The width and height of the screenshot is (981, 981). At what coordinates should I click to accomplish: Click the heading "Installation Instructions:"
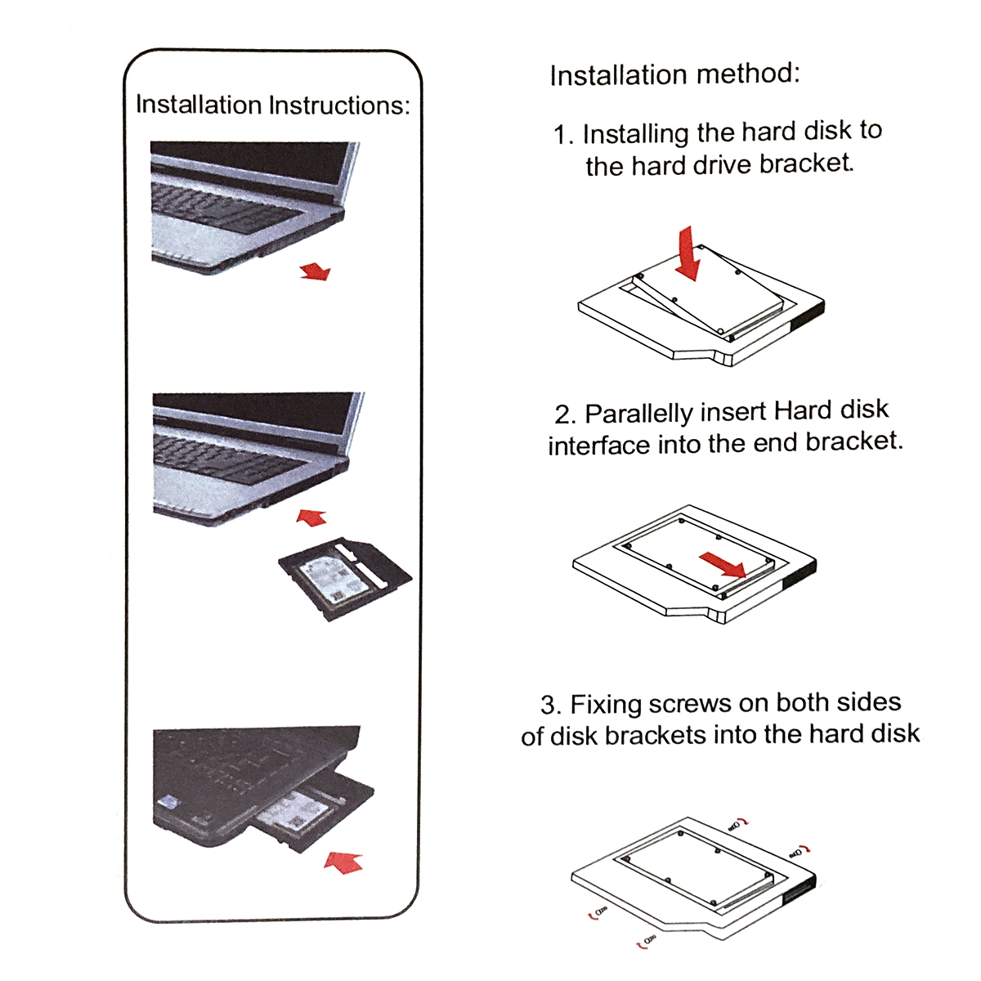tap(272, 105)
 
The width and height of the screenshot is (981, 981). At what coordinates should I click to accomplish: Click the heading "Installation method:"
tap(674, 74)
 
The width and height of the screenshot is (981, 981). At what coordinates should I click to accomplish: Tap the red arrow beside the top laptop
tap(315, 271)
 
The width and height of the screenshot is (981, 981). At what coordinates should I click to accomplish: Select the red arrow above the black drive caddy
tap(311, 517)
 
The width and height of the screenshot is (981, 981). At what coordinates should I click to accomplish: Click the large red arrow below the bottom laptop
tap(343, 861)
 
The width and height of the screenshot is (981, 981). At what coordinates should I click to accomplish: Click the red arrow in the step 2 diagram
tap(723, 563)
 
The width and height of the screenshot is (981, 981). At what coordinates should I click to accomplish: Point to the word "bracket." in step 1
tap(806, 163)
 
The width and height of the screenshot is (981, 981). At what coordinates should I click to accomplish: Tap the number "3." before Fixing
tap(550, 706)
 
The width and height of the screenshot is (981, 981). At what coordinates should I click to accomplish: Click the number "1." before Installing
tap(564, 135)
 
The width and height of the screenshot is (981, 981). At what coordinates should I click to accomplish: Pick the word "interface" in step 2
tap(586, 446)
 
